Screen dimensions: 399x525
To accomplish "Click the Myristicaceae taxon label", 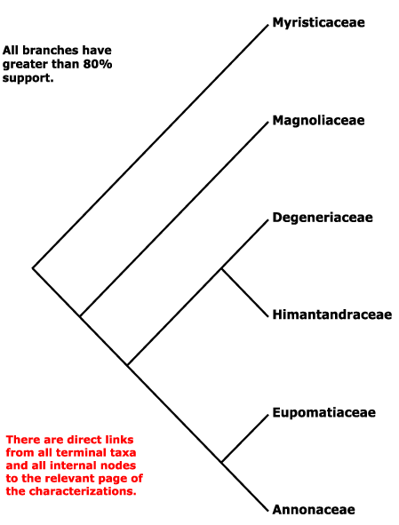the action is [318, 23].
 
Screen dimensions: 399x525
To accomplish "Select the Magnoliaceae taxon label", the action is [318, 120].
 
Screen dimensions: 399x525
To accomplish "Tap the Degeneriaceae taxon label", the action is [323, 218].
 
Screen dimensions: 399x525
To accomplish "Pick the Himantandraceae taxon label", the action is [332, 314].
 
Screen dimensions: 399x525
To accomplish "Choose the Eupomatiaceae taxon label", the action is [323, 412].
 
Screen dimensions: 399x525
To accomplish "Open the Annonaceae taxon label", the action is [314, 509].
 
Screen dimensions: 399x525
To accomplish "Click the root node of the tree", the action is [33, 268].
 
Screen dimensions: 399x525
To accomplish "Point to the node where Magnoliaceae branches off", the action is [80, 315].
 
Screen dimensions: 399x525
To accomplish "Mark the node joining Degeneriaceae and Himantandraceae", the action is [221, 268].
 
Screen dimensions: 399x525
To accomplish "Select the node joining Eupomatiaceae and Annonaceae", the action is [222, 462].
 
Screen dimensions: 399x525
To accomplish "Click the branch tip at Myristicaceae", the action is [268, 25].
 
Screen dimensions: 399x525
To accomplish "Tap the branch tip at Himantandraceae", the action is [268, 316].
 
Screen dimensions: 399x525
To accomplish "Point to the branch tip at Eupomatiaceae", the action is [268, 415].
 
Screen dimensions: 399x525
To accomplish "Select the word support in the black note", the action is [28, 78].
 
